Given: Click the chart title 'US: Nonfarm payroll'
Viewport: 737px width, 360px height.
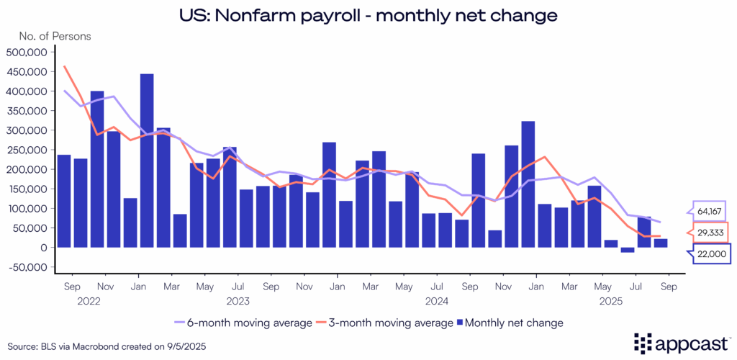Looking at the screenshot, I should tap(368, 14).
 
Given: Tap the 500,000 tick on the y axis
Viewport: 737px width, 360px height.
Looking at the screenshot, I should tap(27, 52).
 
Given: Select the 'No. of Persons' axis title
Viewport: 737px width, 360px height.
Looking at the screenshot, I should tap(48, 35).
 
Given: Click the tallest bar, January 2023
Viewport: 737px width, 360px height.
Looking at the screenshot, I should tap(147, 161).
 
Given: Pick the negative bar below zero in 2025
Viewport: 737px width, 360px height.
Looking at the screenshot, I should tap(628, 250).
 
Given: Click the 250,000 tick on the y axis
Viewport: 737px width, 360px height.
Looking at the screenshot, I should tap(27, 150).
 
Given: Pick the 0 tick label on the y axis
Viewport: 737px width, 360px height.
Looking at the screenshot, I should tap(44, 248).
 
